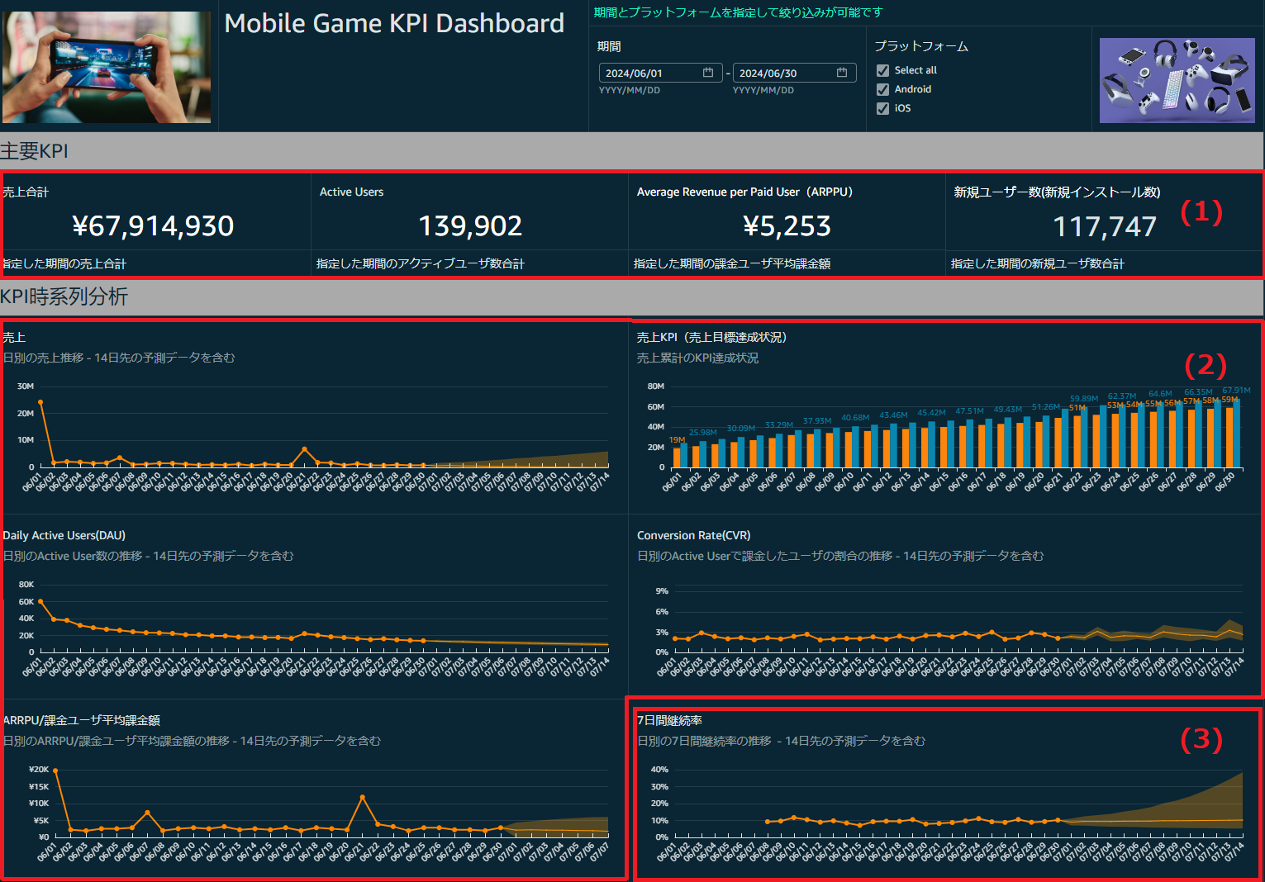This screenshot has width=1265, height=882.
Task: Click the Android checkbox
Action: [883, 89]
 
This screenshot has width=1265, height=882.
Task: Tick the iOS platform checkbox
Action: [883, 108]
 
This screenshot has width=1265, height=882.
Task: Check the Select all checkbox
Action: [883, 70]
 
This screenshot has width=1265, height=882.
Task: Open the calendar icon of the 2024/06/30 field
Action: [842, 73]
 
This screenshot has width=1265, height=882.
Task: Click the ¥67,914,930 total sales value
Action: [153, 226]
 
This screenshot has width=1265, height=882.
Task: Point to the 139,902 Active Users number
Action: [470, 226]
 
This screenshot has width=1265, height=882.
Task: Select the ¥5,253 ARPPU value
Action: [787, 226]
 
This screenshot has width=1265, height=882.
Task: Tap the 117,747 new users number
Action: [1104, 226]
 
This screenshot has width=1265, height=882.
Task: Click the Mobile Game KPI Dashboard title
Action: [394, 23]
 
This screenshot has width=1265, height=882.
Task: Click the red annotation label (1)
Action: [1201, 212]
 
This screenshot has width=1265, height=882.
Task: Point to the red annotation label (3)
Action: [1201, 738]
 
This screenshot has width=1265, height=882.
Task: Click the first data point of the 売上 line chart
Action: [40, 402]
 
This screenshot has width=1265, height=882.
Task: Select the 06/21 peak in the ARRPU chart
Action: [363, 797]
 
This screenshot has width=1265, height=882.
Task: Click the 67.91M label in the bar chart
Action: [1236, 390]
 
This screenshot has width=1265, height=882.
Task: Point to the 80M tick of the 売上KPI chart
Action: [655, 386]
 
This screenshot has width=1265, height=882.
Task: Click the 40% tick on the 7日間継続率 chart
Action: [659, 770]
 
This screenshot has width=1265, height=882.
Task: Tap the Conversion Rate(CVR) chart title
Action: [693, 535]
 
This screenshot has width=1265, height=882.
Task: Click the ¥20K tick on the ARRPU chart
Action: [39, 770]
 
